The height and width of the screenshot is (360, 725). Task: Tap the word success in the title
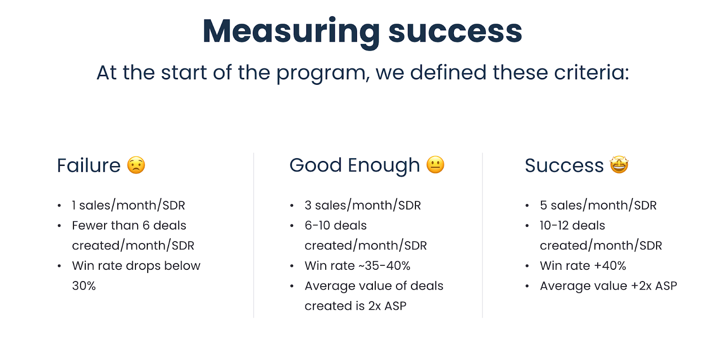455,32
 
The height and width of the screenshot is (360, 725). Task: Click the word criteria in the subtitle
589,73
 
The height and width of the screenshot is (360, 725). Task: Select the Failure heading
89,165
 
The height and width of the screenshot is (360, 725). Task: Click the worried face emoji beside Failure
136,165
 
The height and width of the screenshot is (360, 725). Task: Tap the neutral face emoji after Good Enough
435,165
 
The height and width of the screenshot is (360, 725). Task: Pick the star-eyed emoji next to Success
619,165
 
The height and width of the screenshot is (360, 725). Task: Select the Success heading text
564,165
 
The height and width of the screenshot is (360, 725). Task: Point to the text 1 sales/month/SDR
128,205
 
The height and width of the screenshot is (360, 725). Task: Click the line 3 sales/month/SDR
362,205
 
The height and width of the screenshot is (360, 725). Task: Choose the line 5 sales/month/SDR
598,205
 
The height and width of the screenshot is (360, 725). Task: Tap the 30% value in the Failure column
84,286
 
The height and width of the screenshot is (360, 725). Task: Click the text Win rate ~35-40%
357,266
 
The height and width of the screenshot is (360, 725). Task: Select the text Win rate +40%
583,266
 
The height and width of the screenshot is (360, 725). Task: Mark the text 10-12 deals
572,225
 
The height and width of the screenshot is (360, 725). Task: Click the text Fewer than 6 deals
129,225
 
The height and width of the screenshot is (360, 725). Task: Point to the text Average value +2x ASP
608,286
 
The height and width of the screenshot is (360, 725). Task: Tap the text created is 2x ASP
355,306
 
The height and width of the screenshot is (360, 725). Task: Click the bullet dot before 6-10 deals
292,226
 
